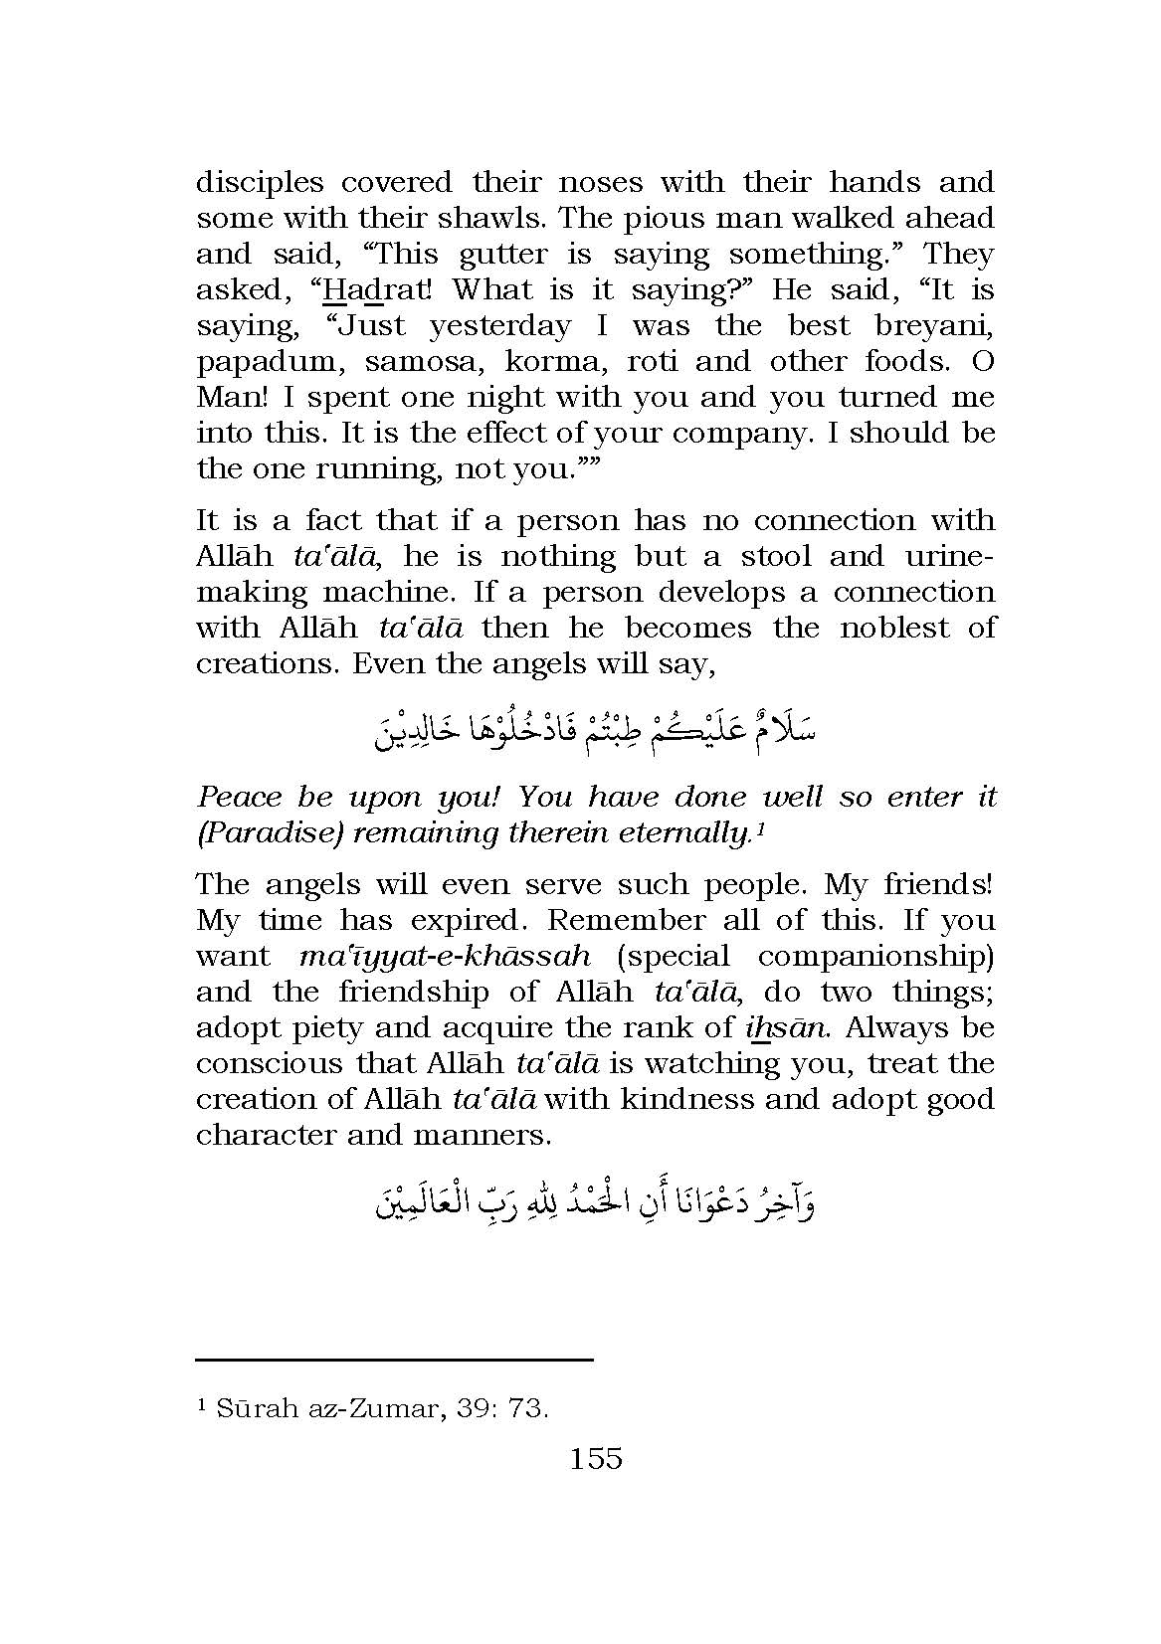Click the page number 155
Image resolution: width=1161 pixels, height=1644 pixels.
pos(596,1459)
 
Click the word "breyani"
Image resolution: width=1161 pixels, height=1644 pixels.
pos(935,326)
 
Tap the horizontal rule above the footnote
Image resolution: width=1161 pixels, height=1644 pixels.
pos(394,1359)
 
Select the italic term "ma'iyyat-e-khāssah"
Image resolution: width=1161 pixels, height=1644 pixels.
pos(444,957)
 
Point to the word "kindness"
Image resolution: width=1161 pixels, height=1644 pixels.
pos(676,1100)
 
